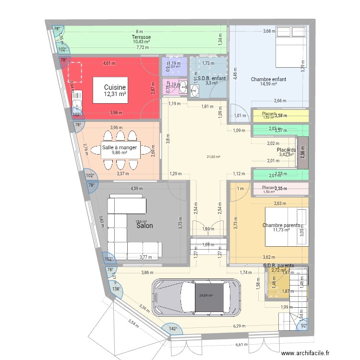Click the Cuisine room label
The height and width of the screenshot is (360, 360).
(x=115, y=87)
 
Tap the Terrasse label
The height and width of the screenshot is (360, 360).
(x=142, y=37)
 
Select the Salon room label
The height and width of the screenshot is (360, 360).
(x=144, y=225)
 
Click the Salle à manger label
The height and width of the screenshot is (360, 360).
(x=120, y=147)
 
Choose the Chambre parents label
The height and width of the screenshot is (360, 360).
(x=281, y=225)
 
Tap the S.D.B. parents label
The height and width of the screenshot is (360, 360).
(x=278, y=265)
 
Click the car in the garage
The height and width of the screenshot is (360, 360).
(x=197, y=298)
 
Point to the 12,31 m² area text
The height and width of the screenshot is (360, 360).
(x=115, y=95)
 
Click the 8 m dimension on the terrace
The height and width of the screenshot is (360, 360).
(x=139, y=31)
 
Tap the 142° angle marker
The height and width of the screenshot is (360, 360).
(x=173, y=329)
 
